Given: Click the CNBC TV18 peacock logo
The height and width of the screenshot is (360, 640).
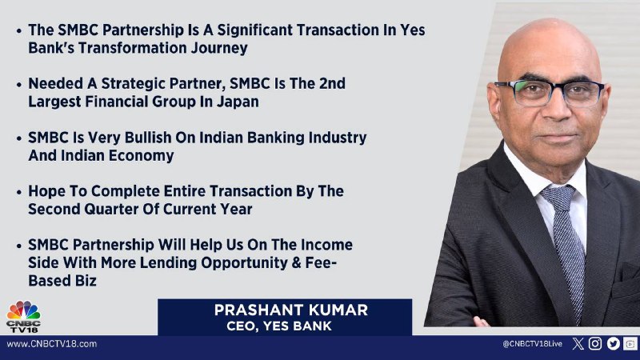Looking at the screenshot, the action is (23, 316).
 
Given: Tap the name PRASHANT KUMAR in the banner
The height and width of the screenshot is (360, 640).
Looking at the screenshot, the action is (291, 310).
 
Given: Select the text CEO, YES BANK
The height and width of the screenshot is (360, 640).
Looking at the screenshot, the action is (279, 326).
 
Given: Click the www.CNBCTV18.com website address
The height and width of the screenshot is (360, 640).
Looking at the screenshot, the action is (52, 344).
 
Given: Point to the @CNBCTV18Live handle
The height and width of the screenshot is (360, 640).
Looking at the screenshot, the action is (532, 344).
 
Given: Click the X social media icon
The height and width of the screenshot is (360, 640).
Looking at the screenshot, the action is (578, 344).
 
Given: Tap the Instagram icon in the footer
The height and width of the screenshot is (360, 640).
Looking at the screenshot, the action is (595, 344).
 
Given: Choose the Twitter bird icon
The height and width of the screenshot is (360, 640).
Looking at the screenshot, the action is (613, 344).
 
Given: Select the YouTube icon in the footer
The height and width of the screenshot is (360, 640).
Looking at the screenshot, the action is (630, 344).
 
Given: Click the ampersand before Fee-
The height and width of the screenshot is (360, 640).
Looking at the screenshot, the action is (296, 263).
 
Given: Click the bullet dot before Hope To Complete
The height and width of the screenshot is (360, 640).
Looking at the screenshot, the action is (18, 192).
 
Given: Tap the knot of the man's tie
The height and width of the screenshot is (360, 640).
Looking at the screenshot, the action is (558, 196).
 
